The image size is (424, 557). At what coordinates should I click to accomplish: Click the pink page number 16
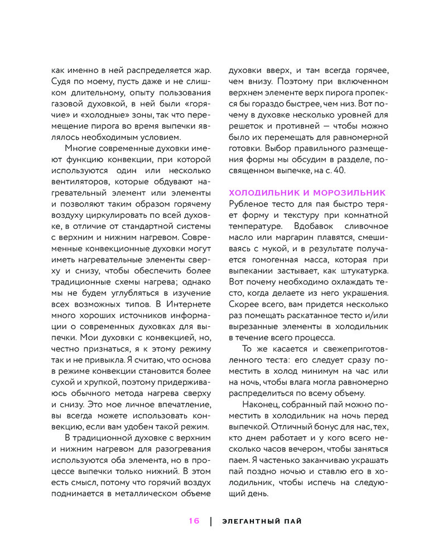pos(194,521)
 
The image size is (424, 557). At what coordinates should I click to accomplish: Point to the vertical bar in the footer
pos(211,521)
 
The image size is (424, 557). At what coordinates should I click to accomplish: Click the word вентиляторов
pos(78,182)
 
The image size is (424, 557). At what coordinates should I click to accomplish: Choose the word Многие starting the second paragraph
pos(80,148)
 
